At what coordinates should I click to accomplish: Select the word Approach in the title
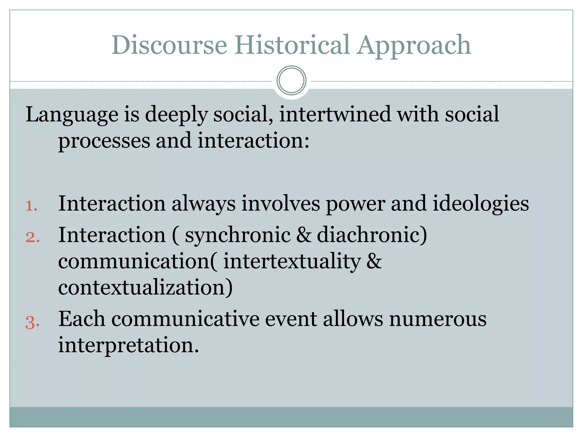click(x=414, y=46)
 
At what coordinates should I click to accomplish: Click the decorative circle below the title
click(x=291, y=81)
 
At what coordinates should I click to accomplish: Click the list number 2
click(x=32, y=237)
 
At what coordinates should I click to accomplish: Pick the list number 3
click(x=32, y=323)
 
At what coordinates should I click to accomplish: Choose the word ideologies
click(x=481, y=204)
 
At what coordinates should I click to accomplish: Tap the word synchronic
click(x=238, y=236)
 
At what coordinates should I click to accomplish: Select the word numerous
click(x=438, y=319)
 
